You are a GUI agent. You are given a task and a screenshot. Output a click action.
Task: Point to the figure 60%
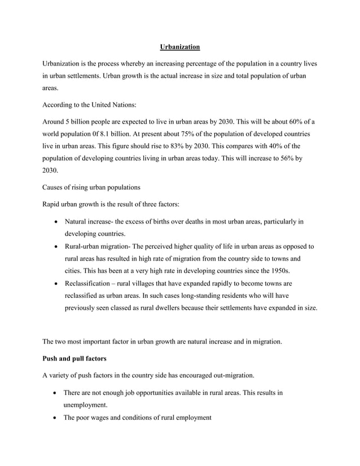pyautogui.click(x=285, y=121)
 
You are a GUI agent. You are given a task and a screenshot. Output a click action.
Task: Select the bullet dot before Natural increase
pyautogui.click(x=55, y=221)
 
